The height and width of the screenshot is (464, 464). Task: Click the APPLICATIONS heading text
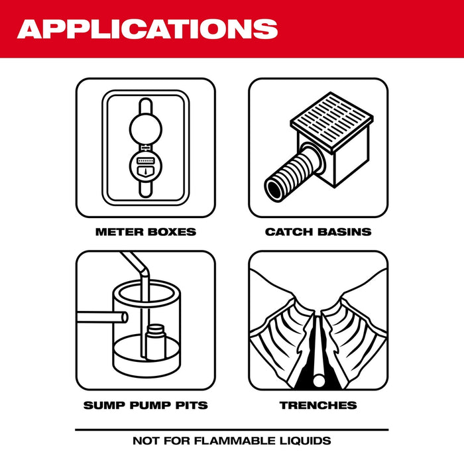147,29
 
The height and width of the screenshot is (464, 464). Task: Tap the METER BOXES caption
145,232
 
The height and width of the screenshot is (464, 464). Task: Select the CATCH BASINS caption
318,232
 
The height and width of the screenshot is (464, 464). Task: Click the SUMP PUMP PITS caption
145,405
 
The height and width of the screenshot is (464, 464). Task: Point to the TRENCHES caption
318,405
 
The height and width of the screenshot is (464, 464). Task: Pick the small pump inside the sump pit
156,339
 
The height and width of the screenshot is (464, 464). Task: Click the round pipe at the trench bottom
318,380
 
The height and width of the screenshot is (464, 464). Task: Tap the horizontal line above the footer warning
231,429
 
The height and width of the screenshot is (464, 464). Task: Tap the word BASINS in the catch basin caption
344,232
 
